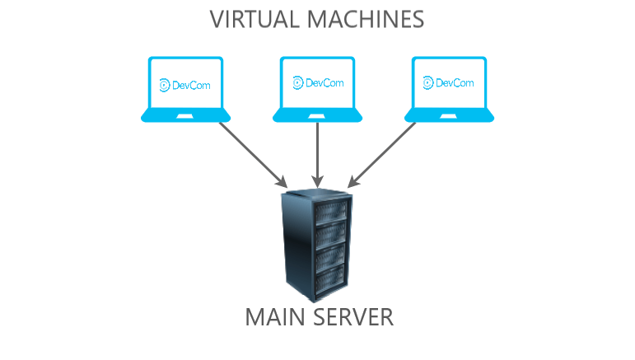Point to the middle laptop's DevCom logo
(318, 82)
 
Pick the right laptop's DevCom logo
(449, 83)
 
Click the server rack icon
(317, 248)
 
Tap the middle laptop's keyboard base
(318, 116)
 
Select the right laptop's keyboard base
(449, 116)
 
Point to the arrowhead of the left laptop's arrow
(282, 181)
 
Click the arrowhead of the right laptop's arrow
(353, 181)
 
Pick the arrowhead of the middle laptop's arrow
(317, 180)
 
